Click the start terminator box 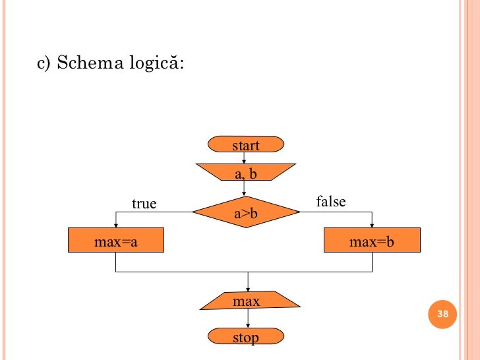coord(245,145)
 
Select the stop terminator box coord(245,338)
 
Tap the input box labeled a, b coord(245,173)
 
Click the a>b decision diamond coord(245,212)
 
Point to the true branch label coord(144,204)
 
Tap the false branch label coord(331,201)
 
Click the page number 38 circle coord(443,314)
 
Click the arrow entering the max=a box coord(115,221)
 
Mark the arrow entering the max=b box coord(373,221)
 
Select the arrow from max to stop coord(248,319)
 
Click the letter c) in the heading coord(44,64)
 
